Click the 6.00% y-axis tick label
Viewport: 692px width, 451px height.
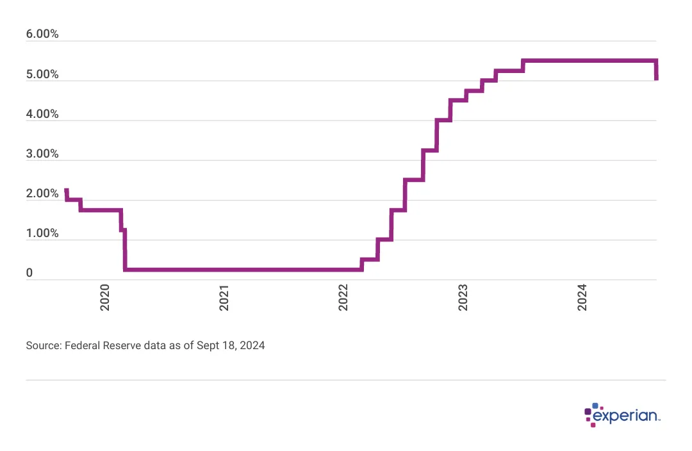tap(42, 35)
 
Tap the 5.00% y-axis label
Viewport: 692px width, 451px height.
tap(42, 74)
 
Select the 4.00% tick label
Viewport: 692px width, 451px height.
tap(42, 114)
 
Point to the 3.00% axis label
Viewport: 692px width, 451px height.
tap(42, 154)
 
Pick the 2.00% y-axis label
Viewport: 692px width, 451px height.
tap(42, 193)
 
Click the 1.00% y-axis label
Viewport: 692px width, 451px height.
tap(42, 233)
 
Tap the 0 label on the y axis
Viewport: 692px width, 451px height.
tap(29, 273)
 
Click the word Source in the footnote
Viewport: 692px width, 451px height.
tap(42, 345)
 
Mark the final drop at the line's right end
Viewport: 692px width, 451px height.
tap(656, 70)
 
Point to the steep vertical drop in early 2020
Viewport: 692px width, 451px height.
tap(124, 250)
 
